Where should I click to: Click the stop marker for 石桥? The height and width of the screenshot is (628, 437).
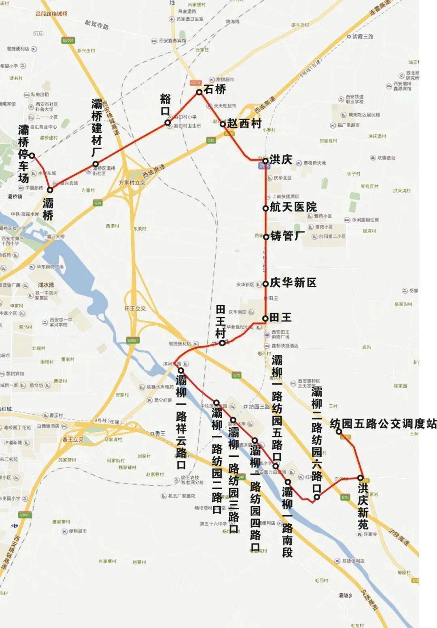tap(199, 92)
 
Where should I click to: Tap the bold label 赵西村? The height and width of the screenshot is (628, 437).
tap(244, 123)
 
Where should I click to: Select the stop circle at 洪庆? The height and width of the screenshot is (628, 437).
tap(265, 161)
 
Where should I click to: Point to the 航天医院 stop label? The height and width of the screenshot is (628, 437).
tap(293, 207)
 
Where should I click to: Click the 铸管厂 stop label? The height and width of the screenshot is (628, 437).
tap(288, 235)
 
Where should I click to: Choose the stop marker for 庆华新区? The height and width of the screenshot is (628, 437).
tap(265, 284)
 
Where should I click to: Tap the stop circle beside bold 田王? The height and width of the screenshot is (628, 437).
tap(265, 318)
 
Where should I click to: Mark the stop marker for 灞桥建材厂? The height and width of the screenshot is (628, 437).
tap(95, 164)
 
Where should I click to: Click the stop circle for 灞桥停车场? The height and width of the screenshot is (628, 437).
tap(32, 155)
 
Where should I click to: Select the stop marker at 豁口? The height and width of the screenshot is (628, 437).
tap(168, 122)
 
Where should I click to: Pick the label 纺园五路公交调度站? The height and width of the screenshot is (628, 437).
tap(383, 424)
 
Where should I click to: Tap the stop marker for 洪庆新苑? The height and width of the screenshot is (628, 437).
tap(360, 478)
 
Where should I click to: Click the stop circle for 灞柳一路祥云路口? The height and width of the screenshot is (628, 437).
tap(180, 370)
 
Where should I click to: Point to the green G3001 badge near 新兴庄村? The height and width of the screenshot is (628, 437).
tap(68, 40)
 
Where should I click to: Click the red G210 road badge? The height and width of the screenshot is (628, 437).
tap(195, 83)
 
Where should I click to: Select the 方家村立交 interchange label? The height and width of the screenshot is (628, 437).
tap(132, 183)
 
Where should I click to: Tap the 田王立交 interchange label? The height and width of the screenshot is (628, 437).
tap(135, 308)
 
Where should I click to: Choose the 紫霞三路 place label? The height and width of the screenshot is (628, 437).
tap(363, 36)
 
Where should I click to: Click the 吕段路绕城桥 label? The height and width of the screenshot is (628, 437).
tap(51, 14)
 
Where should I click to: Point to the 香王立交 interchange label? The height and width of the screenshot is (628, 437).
tap(73, 439)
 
